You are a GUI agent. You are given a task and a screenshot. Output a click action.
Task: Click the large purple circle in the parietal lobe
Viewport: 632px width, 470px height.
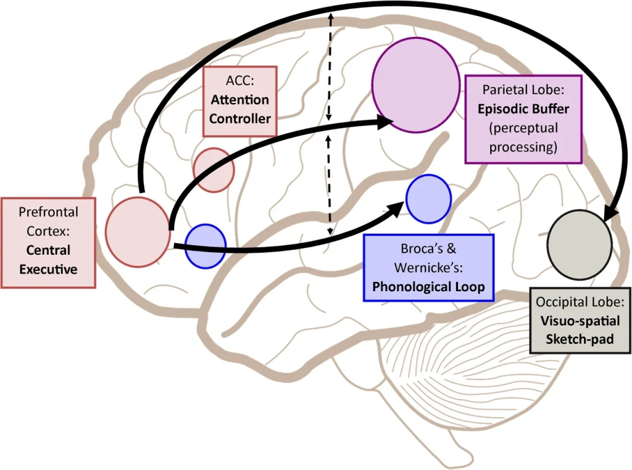click(x=415, y=88)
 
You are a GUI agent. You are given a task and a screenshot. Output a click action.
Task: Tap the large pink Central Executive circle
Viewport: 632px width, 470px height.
click(x=138, y=232)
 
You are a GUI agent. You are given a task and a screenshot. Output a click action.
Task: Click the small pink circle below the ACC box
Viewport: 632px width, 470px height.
click(x=214, y=170)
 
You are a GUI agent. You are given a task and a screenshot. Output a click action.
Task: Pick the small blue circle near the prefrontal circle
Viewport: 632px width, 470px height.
click(x=206, y=246)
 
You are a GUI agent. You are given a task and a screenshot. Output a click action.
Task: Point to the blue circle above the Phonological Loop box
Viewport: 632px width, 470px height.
click(x=428, y=199)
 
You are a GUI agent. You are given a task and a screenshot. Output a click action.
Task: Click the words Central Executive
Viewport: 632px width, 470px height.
click(x=48, y=260)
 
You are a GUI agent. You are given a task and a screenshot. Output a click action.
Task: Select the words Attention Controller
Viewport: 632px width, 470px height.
click(x=239, y=109)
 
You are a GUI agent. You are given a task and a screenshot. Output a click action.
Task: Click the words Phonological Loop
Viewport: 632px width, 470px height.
click(x=428, y=286)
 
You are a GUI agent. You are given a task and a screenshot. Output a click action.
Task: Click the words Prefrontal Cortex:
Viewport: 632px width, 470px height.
click(x=48, y=221)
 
